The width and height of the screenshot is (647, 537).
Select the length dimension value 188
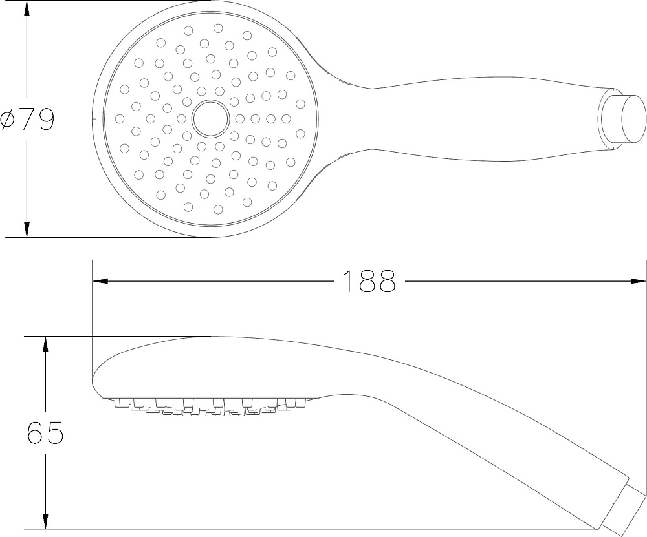coord(369,281)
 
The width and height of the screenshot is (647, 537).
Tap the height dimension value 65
coord(45,432)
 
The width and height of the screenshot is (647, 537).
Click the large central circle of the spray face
coord(210,119)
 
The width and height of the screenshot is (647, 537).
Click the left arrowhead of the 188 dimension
coord(100,281)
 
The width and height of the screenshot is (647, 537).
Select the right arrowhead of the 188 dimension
coord(638,281)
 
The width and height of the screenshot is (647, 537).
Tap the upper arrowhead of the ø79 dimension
coord(27,8)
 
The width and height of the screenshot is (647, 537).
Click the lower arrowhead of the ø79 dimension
coord(27,229)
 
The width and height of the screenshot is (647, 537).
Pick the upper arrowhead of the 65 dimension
coord(45,344)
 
